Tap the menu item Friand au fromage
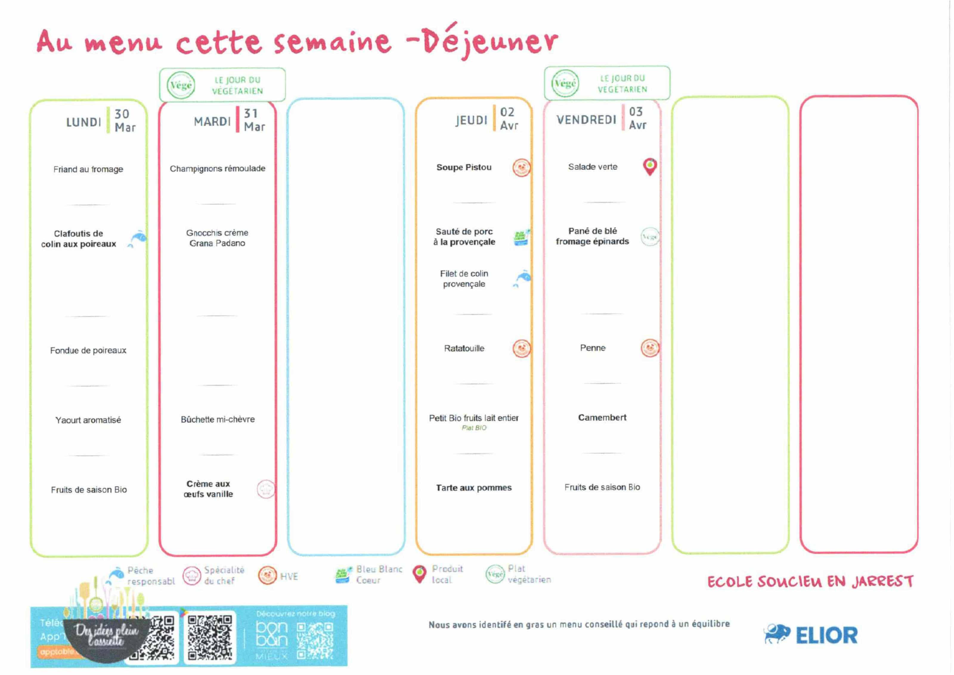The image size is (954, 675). pos(88,169)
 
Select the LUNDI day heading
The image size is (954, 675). pos(83,122)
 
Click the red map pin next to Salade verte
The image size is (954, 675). pos(650,167)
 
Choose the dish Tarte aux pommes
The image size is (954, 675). pos(474,487)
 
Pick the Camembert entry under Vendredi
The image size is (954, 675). pos(602,417)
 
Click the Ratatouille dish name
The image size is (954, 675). pos(464,348)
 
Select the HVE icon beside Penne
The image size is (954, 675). pos(650,348)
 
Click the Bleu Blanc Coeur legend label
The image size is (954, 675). pos(379,575)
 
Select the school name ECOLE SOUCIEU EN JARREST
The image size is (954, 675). pos(810,581)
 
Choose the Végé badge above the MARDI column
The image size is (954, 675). pos(181,85)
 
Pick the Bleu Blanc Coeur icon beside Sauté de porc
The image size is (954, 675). pos(521,237)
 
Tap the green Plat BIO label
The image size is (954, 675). pos(474,428)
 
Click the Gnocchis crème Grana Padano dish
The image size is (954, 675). pos(217,238)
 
